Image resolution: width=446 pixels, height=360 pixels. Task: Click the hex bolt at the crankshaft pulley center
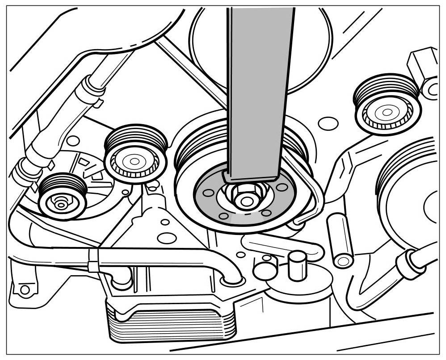click(x=244, y=197)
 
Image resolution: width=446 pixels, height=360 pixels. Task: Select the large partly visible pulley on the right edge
click(x=411, y=197)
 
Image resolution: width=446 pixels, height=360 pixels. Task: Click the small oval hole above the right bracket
click(x=328, y=123)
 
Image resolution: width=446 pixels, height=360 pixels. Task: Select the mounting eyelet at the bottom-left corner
click(x=25, y=289)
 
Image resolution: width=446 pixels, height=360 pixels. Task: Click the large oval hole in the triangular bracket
click(x=167, y=239)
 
